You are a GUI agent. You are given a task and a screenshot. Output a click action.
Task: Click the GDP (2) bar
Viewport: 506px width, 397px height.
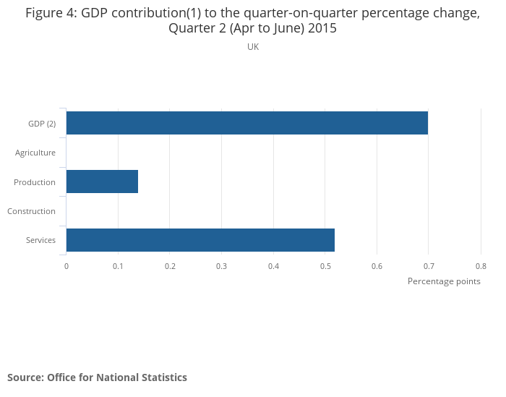click(247, 123)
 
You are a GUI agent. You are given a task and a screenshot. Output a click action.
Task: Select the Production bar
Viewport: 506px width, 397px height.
click(103, 182)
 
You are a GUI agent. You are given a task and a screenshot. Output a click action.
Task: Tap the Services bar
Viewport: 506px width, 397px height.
click(200, 240)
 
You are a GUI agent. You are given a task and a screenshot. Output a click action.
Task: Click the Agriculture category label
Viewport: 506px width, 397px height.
click(35, 153)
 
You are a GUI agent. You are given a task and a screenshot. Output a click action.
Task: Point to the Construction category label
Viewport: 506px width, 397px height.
click(31, 211)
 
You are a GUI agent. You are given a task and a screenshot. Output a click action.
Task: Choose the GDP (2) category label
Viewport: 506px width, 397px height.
click(42, 124)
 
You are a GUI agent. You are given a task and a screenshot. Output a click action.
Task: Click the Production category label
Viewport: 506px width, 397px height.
click(35, 182)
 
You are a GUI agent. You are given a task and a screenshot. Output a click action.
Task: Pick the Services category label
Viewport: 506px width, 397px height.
click(40, 240)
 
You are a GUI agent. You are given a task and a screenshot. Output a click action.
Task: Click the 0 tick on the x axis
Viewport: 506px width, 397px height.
click(67, 266)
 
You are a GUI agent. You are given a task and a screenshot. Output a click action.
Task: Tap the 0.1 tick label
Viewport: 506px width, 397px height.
click(118, 266)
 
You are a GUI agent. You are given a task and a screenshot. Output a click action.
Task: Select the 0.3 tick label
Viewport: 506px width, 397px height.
click(222, 266)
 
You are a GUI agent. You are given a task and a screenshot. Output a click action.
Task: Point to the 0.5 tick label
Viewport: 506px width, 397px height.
click(325, 266)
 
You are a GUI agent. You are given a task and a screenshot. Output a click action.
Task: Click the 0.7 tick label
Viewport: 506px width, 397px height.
click(429, 266)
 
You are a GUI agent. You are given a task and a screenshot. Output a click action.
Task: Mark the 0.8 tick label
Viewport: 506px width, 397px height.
click(481, 266)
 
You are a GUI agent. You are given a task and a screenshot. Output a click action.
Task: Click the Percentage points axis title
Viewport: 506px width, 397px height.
click(444, 281)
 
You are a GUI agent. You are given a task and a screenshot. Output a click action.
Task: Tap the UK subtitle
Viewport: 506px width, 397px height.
click(253, 47)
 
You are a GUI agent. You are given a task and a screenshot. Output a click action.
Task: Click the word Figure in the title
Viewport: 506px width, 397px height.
click(44, 13)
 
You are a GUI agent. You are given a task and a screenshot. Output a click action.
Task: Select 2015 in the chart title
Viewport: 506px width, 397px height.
click(322, 28)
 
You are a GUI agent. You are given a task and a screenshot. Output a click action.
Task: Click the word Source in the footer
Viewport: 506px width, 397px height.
click(26, 377)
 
